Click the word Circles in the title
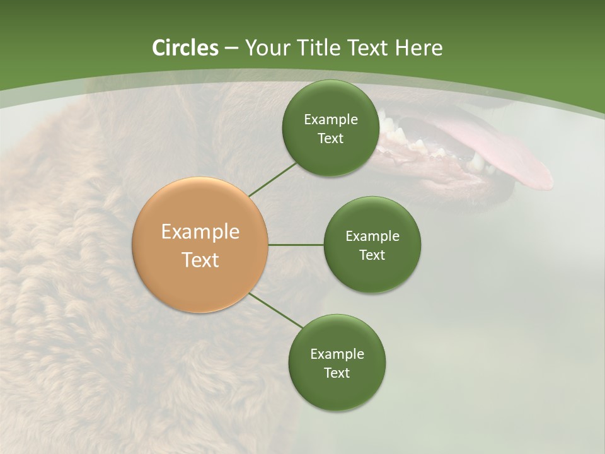pos(185,48)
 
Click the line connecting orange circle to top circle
pos(272,179)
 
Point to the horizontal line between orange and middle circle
pos(296,245)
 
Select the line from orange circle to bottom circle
pos(276,311)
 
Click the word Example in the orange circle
pos(200,232)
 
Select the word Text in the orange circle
pos(200,260)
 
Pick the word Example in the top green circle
pos(330,120)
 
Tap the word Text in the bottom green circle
pos(337,373)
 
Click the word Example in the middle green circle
pos(372,236)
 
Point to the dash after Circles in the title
pos(231,49)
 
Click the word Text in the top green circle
pos(330,139)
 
